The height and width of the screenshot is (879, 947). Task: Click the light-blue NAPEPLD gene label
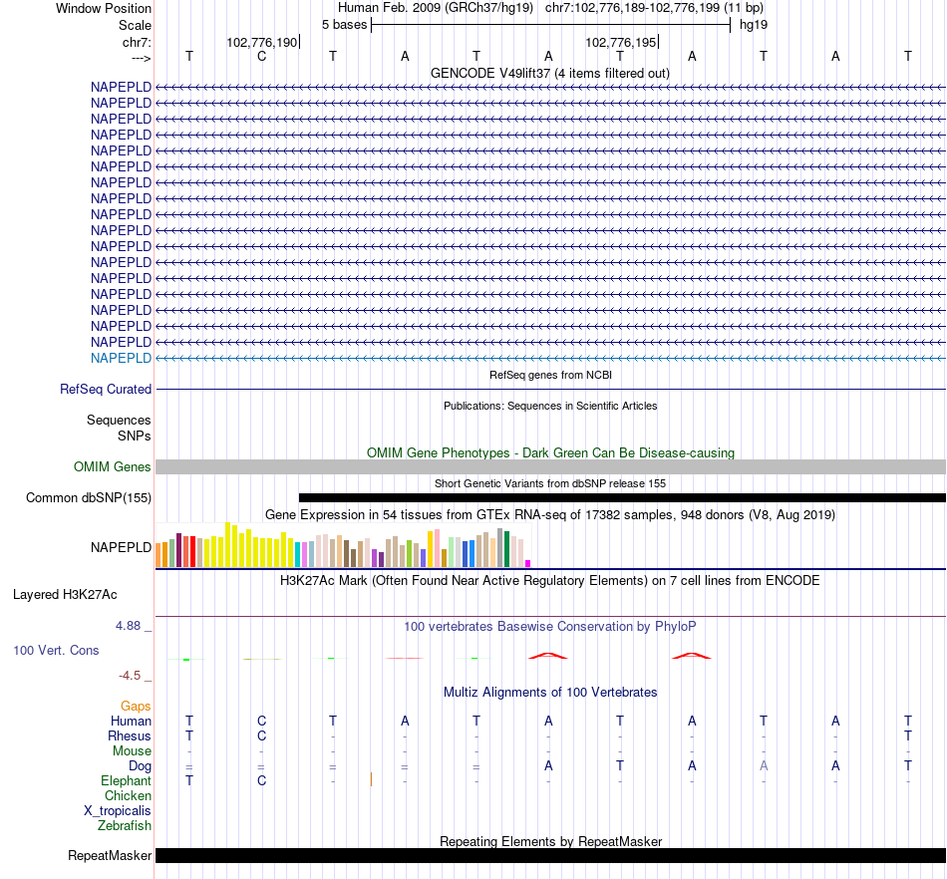click(x=121, y=358)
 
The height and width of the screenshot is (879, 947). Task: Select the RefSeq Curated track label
click(x=106, y=390)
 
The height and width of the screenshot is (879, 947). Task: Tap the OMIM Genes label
click(x=113, y=466)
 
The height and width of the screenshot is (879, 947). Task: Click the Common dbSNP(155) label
click(x=89, y=497)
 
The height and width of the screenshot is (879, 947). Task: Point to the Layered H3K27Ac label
click(x=65, y=595)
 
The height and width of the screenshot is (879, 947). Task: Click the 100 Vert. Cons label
click(x=56, y=650)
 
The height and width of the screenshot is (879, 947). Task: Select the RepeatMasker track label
click(x=110, y=855)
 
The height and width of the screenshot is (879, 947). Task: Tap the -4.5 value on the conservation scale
click(x=131, y=676)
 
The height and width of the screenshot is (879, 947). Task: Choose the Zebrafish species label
click(x=125, y=826)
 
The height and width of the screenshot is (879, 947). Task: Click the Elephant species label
click(x=127, y=781)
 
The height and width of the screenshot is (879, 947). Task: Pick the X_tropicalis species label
click(x=118, y=811)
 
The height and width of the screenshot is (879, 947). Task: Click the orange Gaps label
click(x=136, y=706)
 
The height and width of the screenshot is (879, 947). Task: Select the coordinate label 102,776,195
click(x=620, y=43)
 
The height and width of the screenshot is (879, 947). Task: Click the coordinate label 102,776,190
click(x=261, y=43)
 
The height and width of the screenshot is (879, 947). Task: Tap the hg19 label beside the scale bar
click(x=754, y=24)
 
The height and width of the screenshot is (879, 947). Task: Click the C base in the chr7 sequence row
click(x=261, y=56)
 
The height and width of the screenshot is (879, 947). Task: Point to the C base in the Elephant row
click(x=261, y=781)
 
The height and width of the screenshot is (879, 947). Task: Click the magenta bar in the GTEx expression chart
click(x=527, y=563)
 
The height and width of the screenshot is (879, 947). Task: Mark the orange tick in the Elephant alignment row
click(x=370, y=779)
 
